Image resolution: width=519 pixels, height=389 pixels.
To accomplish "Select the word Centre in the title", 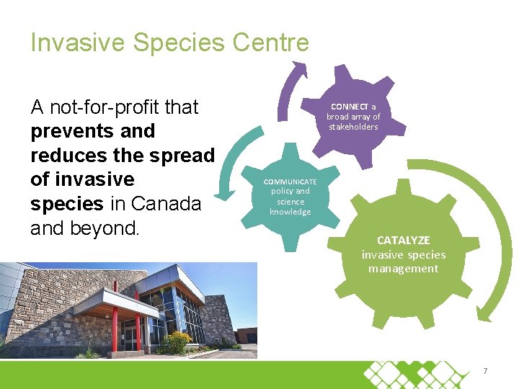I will click(x=271, y=43).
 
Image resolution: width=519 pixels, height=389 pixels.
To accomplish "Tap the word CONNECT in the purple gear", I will click(x=348, y=107).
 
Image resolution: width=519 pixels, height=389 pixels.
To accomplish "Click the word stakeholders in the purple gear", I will click(x=353, y=127).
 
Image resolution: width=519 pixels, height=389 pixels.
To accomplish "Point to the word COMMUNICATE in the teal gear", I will click(x=290, y=182).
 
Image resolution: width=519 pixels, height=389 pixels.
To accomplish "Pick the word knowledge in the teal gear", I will click(x=290, y=212).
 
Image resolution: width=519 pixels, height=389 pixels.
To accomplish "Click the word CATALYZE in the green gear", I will click(x=403, y=240).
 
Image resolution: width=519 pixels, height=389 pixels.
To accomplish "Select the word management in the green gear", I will click(x=403, y=269).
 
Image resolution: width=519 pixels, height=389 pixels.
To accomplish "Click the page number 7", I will click(x=485, y=371).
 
